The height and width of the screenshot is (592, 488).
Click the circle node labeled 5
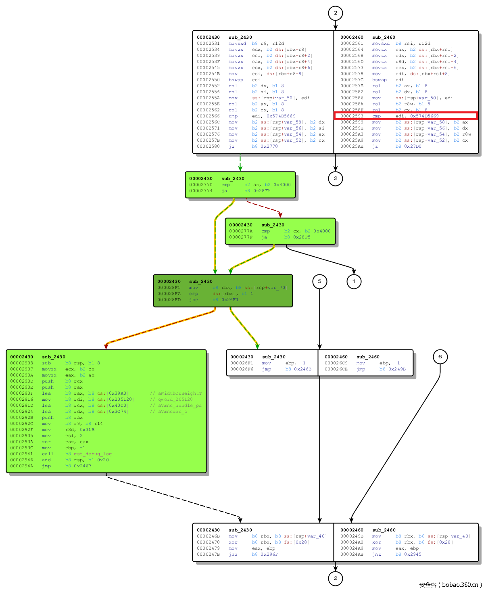pos(319,281)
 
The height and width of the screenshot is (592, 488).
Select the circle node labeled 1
pos(354,281)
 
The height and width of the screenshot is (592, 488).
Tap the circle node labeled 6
pos(440,356)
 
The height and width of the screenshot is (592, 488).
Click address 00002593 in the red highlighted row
pos(352,116)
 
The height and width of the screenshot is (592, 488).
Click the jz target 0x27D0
pos(413,146)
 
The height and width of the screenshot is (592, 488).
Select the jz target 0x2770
pos(269,146)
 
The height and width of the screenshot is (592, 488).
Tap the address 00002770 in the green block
pos(200,185)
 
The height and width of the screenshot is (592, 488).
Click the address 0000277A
pos(241,231)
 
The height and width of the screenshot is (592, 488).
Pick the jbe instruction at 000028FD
pos(194,300)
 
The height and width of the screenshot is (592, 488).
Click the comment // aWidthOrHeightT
pos(176,393)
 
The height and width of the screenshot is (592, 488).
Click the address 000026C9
pos(336,363)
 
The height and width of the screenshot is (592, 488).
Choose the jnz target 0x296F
pos(269,554)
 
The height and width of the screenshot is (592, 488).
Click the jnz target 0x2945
pos(413,554)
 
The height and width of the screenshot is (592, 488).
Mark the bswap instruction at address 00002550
pos(236,80)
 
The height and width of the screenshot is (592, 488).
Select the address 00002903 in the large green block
pos(21,363)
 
